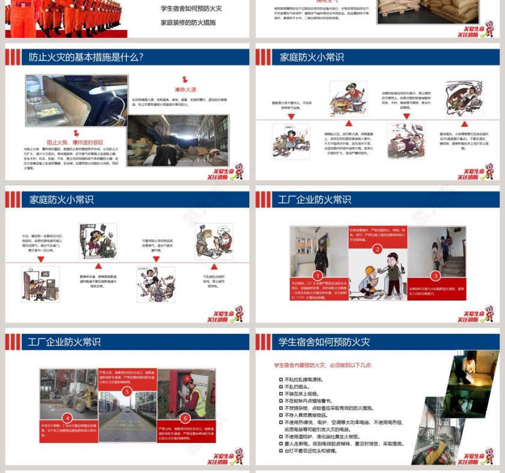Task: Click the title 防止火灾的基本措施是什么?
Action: [86, 58]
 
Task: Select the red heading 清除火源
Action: [186, 89]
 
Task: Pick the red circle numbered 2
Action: [377, 249]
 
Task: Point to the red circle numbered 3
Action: [436, 276]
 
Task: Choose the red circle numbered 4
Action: [68, 417]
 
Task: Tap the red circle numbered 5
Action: [127, 391]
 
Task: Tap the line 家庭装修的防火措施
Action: [188, 22]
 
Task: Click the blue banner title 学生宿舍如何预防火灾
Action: [324, 342]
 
